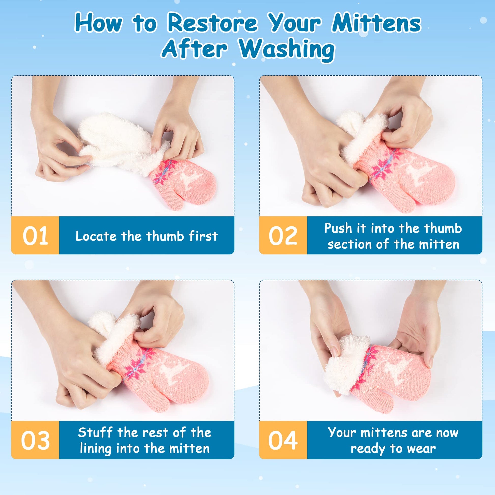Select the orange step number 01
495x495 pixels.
[35, 236]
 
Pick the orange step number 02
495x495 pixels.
[283, 236]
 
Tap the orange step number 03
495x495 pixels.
[35, 440]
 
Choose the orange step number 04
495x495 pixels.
[283, 440]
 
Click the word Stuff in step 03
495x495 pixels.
[95, 432]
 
